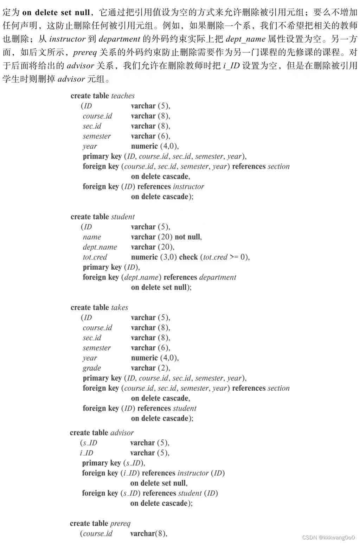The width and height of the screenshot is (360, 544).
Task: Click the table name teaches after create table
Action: tap(123, 96)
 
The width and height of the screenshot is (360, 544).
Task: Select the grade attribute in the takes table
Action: tap(92, 368)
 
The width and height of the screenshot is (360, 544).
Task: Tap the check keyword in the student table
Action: tap(188, 257)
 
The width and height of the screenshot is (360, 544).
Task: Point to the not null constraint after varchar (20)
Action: tap(188, 237)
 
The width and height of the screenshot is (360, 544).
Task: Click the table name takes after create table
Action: tap(120, 307)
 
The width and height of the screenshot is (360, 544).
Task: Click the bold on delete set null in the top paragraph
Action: tap(56, 13)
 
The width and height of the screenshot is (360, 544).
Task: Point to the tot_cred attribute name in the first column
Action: tap(95, 257)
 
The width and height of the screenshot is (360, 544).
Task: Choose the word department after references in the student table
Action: tap(218, 277)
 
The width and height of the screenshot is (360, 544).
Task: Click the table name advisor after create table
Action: tap(122, 433)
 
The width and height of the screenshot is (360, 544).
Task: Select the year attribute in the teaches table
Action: tap(90, 146)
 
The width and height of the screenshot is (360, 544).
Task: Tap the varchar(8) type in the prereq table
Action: tap(148, 533)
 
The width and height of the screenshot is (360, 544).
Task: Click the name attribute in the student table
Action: tap(92, 237)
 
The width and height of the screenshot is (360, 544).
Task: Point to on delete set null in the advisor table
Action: tap(158, 483)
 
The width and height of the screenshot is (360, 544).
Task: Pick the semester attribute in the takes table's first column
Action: tap(97, 348)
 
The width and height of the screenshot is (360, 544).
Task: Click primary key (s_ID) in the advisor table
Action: tap(113, 463)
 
